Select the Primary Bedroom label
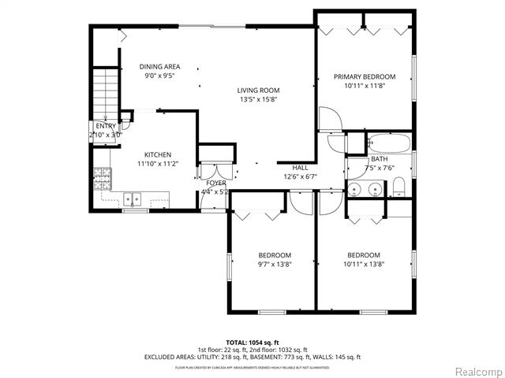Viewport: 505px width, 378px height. pos(359,76)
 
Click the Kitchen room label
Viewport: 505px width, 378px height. pos(158,154)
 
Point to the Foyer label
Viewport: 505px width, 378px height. pos(216,183)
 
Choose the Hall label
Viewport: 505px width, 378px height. pos(301,168)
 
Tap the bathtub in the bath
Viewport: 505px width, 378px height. pos(389,144)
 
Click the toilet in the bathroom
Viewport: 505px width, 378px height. pos(399,187)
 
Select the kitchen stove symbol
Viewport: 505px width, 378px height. pos(102,180)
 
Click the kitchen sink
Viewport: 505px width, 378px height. pos(133,199)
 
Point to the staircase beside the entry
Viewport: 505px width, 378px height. pos(105,93)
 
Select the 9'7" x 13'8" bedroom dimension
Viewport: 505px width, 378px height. pos(275,265)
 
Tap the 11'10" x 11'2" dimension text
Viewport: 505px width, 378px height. pos(158,164)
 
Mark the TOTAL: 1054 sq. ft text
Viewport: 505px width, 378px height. pos(252,343)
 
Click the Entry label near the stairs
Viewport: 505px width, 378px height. pos(105,126)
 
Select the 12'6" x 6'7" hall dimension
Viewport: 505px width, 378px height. pos(301,176)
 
